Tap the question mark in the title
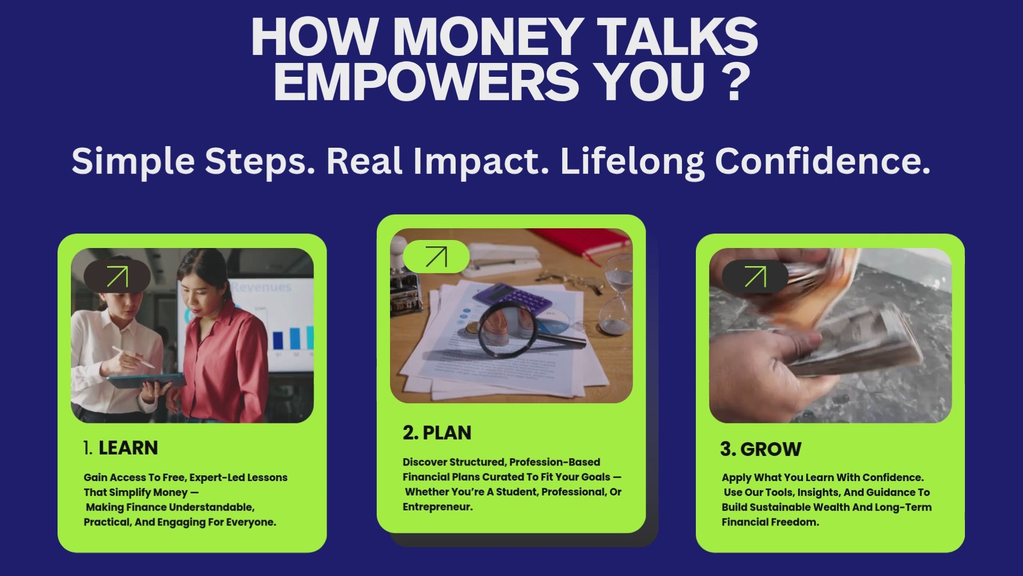(x=735, y=82)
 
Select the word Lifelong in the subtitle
(x=632, y=162)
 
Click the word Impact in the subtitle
(x=481, y=162)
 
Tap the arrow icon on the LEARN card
(x=117, y=277)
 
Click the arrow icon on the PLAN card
(x=436, y=257)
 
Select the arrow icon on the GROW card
(x=755, y=277)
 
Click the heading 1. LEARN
(x=121, y=448)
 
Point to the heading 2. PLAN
(x=437, y=433)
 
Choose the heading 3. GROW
(x=761, y=449)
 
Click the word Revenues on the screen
(x=261, y=287)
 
